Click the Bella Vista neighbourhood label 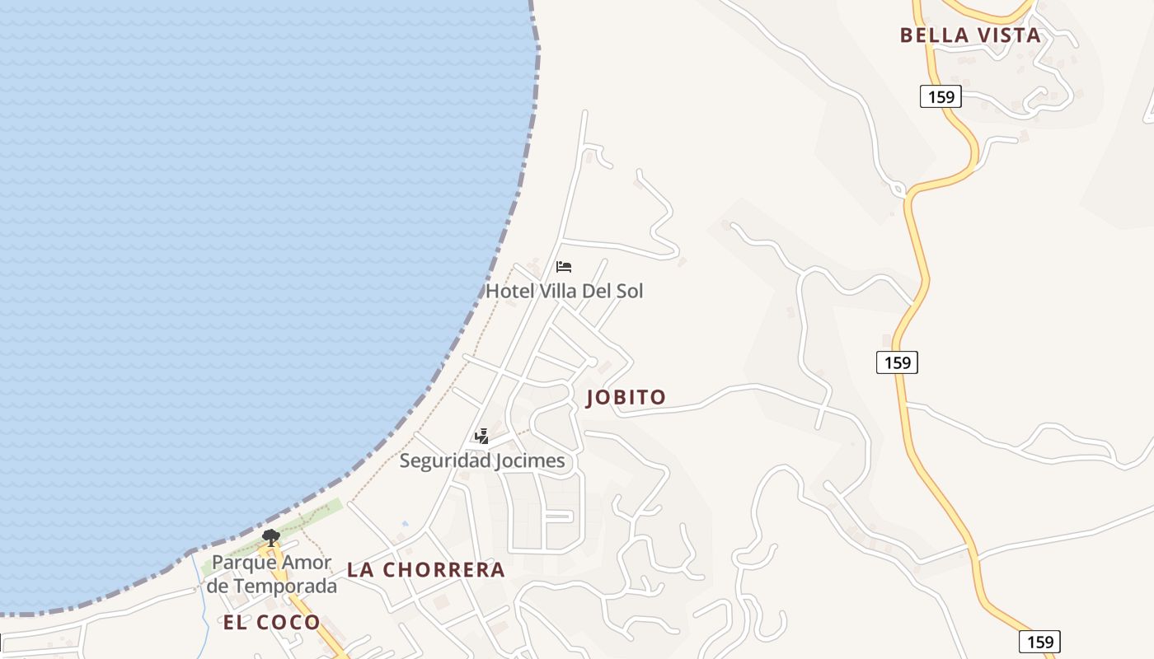pos(970,35)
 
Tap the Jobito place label pos(626,398)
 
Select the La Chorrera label pos(425,569)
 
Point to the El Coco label pos(271,622)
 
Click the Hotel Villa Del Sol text pos(564,291)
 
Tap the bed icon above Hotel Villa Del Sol pos(564,267)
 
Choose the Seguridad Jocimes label pos(482,460)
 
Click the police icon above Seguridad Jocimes pos(482,437)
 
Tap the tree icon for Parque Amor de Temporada pos(270,538)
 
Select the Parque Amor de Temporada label pos(272,574)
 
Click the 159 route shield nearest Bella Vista pos(941,96)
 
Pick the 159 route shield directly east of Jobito pos(897,362)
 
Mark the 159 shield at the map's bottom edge pos(1039,642)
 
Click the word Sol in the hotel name pos(629,291)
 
